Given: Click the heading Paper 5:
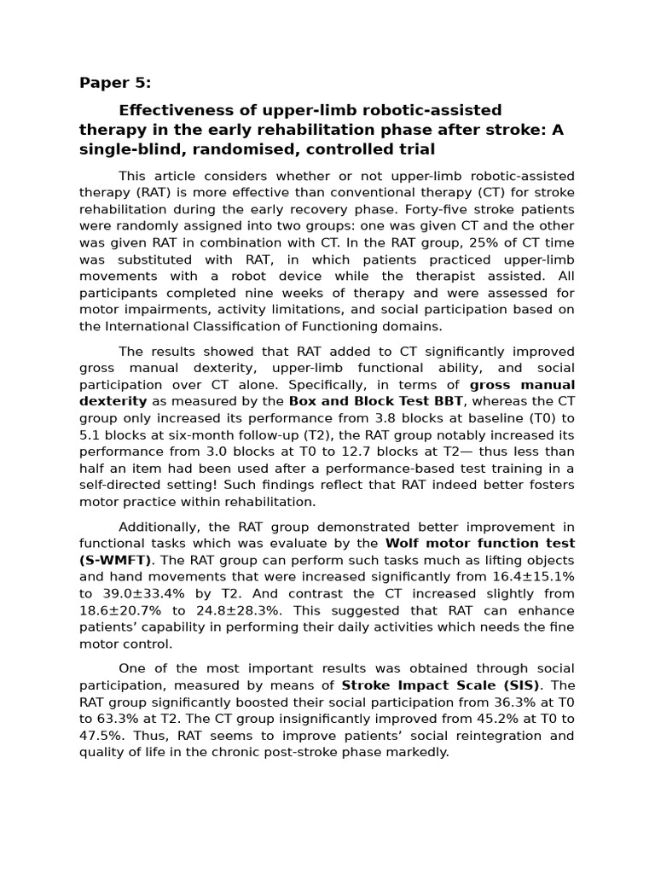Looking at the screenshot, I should coord(115,83).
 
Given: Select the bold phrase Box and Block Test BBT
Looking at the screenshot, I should coord(376,401).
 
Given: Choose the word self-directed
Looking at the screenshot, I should coord(119,485).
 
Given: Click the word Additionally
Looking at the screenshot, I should coord(158,526).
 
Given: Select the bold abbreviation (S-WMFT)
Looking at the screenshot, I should coord(115,560).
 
